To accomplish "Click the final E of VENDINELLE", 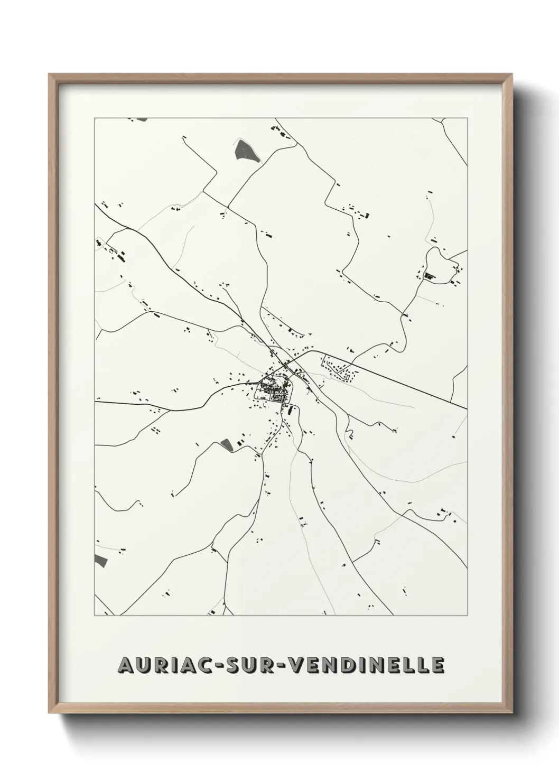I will (x=437, y=666).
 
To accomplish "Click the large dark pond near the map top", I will (x=246, y=151).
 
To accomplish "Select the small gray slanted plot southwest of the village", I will (x=226, y=444).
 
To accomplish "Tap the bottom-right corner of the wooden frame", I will (x=513, y=711).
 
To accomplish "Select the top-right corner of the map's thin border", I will (x=468, y=118).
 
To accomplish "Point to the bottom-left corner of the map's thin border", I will (x=95, y=616).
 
